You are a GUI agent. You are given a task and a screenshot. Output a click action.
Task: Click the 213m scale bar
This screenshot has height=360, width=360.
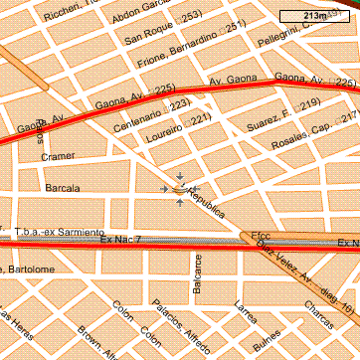[x=316, y=16]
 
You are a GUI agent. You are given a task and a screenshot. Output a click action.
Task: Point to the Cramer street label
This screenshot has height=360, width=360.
[x=57, y=156]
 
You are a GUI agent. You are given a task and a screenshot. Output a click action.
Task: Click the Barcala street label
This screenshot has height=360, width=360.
[x=63, y=187]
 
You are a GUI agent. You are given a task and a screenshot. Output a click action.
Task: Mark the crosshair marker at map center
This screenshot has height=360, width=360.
[x=179, y=189]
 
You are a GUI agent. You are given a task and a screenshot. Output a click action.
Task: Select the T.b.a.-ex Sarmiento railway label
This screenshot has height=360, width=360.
[x=60, y=231]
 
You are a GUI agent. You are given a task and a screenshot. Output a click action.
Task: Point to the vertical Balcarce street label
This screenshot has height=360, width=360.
[x=197, y=271]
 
